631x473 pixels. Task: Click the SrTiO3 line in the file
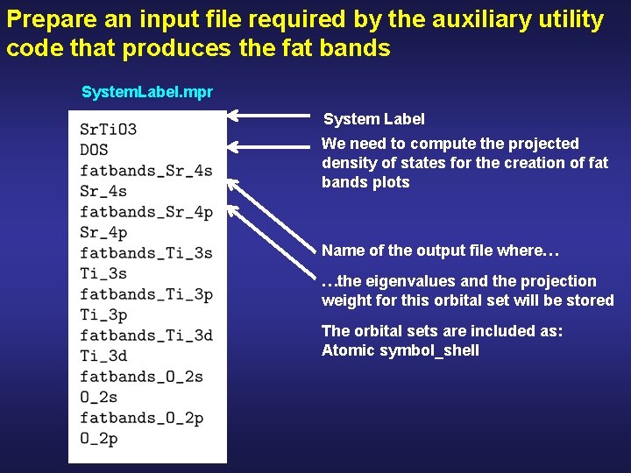pos(108,130)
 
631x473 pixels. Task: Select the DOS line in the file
pos(94,150)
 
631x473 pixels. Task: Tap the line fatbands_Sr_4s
pos(145,171)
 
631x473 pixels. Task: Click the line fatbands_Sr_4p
pos(145,212)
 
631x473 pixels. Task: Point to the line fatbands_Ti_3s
pos(145,253)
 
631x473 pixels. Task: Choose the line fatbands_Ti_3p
pos(145,294)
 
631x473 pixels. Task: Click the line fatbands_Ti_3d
pos(145,335)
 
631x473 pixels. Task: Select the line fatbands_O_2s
pos(141,377)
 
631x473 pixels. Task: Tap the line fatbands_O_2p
pos(141,418)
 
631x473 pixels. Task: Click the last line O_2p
pos(98,438)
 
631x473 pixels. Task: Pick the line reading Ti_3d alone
pos(103,356)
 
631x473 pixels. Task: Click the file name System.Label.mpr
pos(147,92)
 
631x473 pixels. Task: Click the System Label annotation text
pos(374,119)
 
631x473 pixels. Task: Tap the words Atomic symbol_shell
pos(401,350)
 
